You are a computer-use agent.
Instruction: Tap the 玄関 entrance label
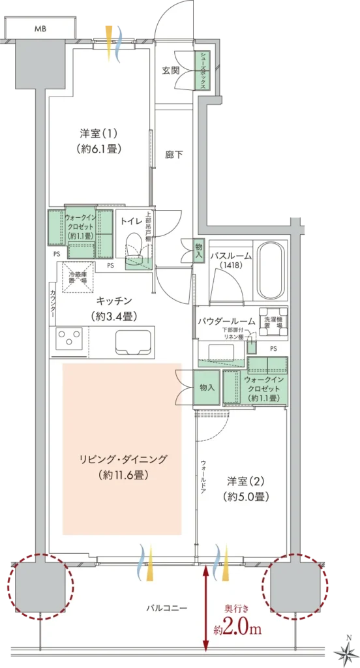point(171,70)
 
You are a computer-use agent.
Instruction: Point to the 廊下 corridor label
point(173,155)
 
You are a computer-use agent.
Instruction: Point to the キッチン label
point(115,307)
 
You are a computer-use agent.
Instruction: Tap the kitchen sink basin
point(134,341)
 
